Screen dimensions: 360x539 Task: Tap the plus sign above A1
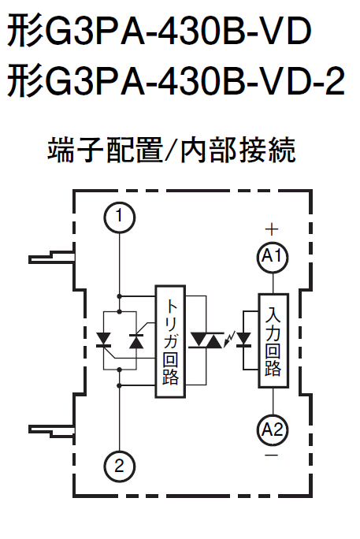[272, 229]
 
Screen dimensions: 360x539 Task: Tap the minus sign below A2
[272, 455]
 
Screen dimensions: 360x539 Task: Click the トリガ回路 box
[170, 341]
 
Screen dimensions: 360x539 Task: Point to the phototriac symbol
[206, 340]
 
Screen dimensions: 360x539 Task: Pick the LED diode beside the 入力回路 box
[244, 340]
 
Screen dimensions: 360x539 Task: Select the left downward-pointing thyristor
[103, 340]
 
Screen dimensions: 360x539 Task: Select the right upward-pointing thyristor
[136, 340]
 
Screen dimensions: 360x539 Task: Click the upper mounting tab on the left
[51, 257]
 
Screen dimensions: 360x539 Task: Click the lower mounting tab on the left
[51, 431]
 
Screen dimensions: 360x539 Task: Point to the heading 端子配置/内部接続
[171, 150]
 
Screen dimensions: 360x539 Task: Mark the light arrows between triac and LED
[229, 339]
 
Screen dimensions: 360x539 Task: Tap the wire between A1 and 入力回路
[273, 283]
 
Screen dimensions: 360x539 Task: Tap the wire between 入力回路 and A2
[273, 401]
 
